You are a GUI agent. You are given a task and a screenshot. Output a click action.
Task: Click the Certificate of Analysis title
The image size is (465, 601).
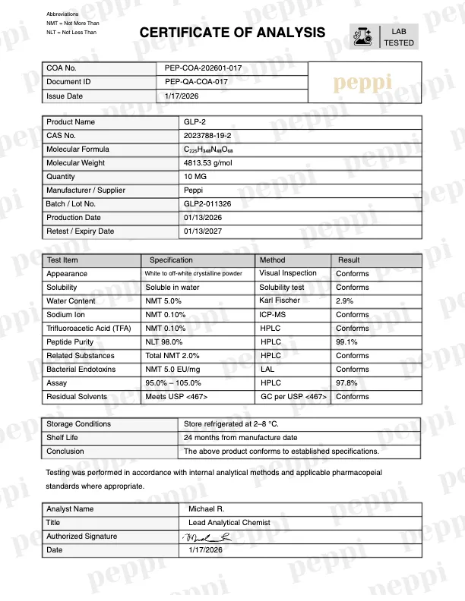click(232, 33)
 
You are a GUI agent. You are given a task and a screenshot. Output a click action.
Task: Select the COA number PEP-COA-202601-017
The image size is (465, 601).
click(203, 68)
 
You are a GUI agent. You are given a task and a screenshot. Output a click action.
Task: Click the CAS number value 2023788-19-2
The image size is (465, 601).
click(207, 136)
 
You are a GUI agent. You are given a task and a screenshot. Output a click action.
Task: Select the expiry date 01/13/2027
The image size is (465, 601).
click(202, 231)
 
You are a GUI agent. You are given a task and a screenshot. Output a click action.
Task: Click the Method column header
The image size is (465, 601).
click(273, 260)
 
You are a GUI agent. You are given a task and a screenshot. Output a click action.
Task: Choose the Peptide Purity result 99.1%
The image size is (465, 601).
click(347, 342)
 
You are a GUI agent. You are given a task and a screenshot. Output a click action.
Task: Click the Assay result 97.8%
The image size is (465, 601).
click(347, 383)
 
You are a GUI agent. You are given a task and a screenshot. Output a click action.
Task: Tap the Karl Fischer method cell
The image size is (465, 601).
click(280, 300)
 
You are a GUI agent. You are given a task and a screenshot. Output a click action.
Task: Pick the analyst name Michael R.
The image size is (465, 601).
click(207, 509)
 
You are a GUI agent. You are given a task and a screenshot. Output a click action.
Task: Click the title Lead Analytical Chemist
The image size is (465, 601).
click(229, 523)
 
